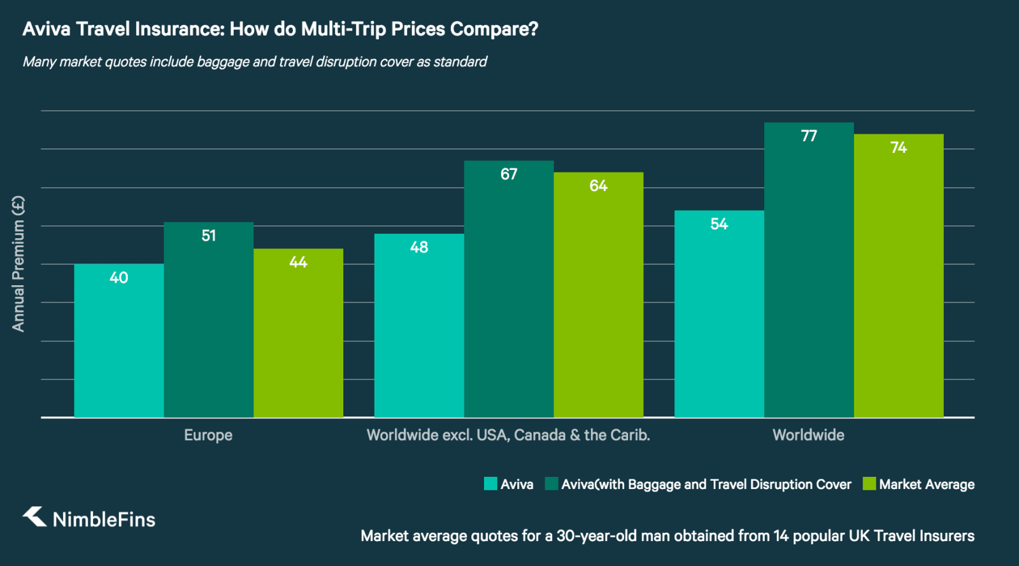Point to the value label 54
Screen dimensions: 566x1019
(x=719, y=224)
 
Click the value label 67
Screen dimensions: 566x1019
(x=509, y=174)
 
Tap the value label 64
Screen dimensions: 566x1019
(x=598, y=186)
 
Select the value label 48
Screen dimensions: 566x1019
(x=419, y=248)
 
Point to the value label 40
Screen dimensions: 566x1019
(x=119, y=278)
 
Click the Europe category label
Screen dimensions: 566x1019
(x=208, y=435)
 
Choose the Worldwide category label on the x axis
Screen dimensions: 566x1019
(x=808, y=435)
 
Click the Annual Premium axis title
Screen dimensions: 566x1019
(x=18, y=264)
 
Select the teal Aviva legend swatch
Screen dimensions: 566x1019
(x=490, y=484)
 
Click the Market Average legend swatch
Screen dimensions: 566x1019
(x=869, y=484)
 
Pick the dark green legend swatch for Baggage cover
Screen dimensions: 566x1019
(x=552, y=484)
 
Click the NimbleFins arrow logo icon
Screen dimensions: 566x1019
(x=35, y=517)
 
